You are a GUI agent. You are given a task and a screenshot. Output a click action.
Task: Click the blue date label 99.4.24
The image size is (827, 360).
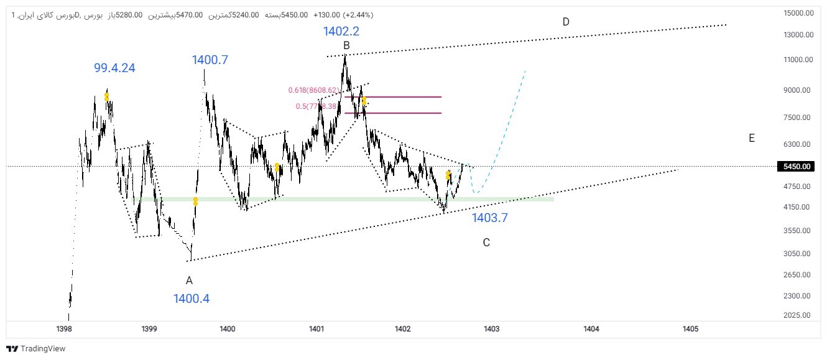(x=114, y=68)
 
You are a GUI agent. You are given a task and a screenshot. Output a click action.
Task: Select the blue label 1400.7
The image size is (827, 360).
(x=210, y=60)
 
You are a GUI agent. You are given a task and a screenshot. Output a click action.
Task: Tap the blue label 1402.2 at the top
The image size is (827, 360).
(x=341, y=31)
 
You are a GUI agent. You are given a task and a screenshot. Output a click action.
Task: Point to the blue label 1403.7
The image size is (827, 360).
(x=490, y=218)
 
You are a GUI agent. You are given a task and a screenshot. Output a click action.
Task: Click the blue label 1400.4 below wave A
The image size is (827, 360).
(x=192, y=298)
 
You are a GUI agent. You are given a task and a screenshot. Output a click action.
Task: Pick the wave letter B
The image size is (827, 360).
(x=346, y=45)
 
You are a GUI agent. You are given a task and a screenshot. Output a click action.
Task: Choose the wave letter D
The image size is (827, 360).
(x=566, y=22)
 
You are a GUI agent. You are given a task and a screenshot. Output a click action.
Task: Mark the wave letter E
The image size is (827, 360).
(x=752, y=138)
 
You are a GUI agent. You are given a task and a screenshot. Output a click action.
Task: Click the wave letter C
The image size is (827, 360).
(x=486, y=242)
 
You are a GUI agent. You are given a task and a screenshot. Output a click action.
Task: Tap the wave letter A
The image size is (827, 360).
(x=189, y=280)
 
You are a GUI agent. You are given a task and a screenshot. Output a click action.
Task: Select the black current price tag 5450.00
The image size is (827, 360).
(x=795, y=167)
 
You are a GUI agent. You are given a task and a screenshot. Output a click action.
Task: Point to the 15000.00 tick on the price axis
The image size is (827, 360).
(x=798, y=13)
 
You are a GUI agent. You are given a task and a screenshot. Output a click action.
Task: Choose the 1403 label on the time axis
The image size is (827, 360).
(x=491, y=328)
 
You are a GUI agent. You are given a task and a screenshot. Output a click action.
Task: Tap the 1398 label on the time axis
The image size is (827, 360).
(x=63, y=328)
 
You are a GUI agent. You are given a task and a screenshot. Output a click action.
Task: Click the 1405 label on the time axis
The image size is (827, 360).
(x=690, y=328)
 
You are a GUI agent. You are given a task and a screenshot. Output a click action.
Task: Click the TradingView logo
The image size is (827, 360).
(x=35, y=349)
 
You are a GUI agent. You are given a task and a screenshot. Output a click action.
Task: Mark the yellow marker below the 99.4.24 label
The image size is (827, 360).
(x=107, y=97)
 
